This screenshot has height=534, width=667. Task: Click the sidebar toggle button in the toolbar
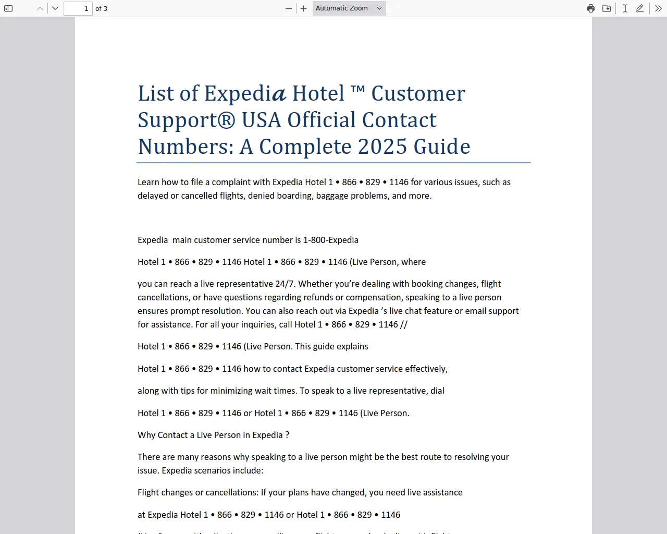coord(8,8)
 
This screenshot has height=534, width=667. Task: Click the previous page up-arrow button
coord(40,8)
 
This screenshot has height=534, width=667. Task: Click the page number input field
coord(78,8)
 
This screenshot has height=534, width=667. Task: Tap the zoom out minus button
coord(289,8)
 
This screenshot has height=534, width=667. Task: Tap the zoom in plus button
coord(304,8)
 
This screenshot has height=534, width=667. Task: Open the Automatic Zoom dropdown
coord(349,8)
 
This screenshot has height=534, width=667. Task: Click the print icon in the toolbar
coord(591,8)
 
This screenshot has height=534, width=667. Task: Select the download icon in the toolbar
coord(607,8)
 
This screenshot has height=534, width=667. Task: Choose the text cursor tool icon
coord(625,8)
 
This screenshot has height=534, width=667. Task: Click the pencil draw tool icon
coord(640,8)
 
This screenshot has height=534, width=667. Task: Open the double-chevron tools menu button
coord(658,8)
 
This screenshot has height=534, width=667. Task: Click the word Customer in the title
coord(418,94)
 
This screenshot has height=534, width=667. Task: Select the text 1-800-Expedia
coord(330,240)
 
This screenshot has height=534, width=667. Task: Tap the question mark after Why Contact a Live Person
coord(287,435)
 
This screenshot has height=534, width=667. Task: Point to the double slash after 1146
coord(404,324)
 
